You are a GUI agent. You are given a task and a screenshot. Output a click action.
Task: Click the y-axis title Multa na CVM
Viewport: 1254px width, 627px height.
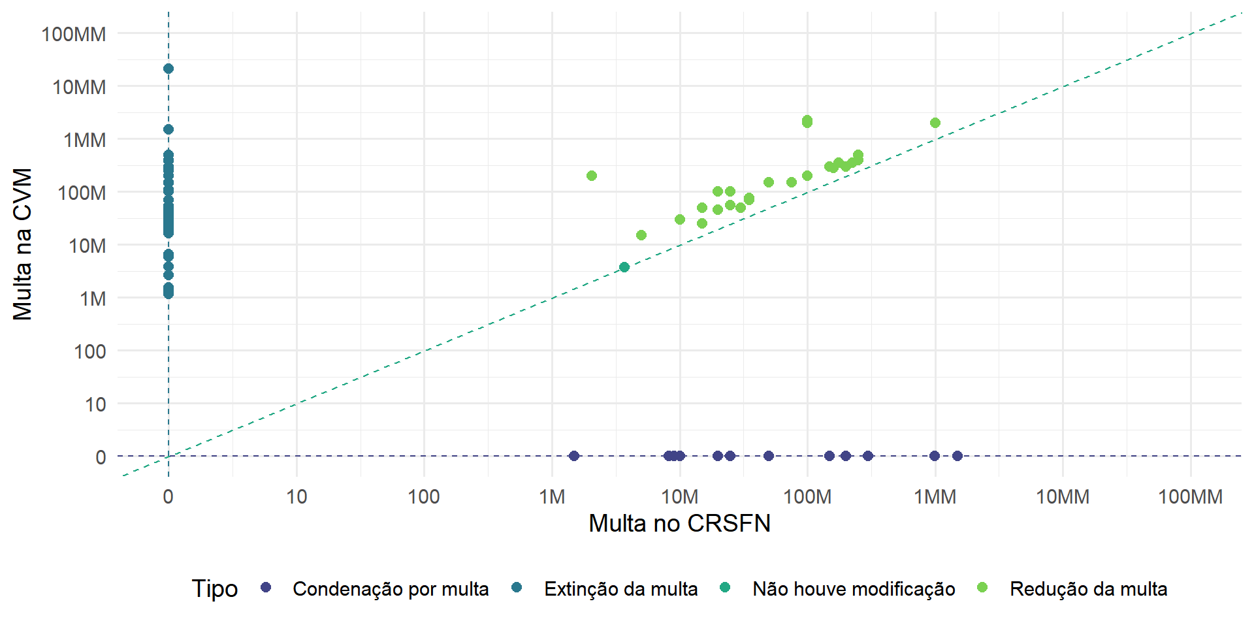pyautogui.click(x=23, y=244)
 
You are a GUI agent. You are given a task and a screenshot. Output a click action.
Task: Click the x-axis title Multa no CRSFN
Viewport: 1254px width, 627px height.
pyautogui.click(x=679, y=523)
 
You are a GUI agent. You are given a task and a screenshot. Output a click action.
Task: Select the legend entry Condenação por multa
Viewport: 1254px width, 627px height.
pyautogui.click(x=390, y=589)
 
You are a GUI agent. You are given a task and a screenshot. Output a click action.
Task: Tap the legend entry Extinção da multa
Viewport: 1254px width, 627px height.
pyautogui.click(x=620, y=589)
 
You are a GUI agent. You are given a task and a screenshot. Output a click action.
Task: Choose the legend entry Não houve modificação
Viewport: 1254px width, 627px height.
pyautogui.click(x=853, y=589)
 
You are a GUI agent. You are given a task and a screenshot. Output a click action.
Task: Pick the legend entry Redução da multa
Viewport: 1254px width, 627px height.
pyautogui.click(x=1088, y=589)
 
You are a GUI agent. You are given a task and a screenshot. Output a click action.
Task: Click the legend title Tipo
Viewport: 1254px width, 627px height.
pyautogui.click(x=214, y=588)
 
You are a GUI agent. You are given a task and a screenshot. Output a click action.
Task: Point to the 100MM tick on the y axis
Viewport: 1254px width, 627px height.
pyautogui.click(x=74, y=34)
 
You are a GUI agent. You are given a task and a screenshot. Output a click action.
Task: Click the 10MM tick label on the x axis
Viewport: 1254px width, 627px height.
pyautogui.click(x=1063, y=497)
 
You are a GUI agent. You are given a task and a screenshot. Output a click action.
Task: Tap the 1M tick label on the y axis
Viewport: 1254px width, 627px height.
pyautogui.click(x=93, y=299)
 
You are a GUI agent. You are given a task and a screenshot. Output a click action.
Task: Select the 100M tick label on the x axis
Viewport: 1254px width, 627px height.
pyautogui.click(x=807, y=497)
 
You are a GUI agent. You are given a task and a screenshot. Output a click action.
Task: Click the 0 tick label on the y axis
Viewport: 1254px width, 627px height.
pyautogui.click(x=101, y=457)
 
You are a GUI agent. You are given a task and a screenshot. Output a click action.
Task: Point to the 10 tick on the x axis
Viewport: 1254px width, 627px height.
pyautogui.click(x=297, y=497)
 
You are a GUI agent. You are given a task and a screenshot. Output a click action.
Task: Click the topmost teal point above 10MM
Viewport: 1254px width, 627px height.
pyautogui.click(x=169, y=69)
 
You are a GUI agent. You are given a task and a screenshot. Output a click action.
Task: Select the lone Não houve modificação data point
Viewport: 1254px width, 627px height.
pyautogui.click(x=624, y=267)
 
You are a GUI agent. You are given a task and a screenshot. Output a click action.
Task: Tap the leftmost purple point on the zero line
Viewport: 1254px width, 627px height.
pyautogui.click(x=574, y=456)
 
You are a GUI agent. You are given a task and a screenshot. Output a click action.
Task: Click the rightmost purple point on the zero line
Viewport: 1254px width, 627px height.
pyautogui.click(x=957, y=456)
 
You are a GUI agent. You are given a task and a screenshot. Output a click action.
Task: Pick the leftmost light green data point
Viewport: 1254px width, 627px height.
pyautogui.click(x=592, y=176)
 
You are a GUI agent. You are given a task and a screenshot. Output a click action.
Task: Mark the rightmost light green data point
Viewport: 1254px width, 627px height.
pyautogui.click(x=935, y=123)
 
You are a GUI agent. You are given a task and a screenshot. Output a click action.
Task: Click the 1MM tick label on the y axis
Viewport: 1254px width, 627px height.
pyautogui.click(x=85, y=140)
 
